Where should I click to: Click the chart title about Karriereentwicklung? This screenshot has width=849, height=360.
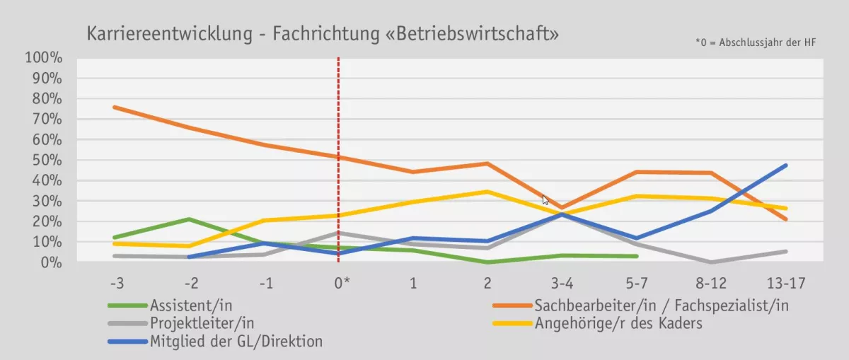[322, 33]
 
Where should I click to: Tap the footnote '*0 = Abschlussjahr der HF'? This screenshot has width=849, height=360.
[756, 43]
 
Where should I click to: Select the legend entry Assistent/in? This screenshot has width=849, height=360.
[191, 306]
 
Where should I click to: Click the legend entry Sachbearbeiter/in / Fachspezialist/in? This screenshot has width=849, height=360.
[661, 306]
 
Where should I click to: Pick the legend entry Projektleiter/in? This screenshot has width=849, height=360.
[202, 323]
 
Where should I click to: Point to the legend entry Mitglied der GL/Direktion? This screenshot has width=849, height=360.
[236, 342]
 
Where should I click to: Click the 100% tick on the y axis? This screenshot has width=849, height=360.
[45, 57]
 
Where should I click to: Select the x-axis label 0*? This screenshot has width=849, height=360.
[342, 284]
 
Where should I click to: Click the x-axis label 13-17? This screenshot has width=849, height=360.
[786, 284]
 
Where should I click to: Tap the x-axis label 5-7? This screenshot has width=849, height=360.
[637, 284]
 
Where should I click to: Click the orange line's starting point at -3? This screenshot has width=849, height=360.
[114, 107]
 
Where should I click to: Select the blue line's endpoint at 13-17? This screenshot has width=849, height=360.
[785, 166]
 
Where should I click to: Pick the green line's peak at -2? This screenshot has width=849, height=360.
[188, 219]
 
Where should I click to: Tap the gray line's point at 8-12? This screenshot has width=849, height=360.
[711, 262]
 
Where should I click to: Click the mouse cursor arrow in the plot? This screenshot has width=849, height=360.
[545, 199]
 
